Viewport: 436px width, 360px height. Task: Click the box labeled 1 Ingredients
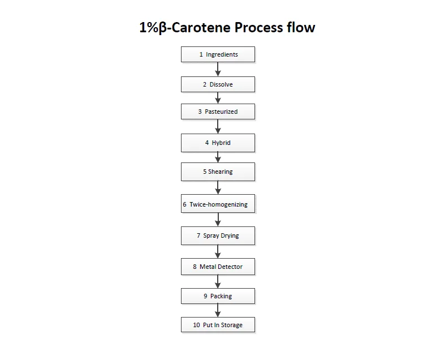click(x=218, y=54)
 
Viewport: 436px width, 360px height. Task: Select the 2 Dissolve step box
click(x=218, y=84)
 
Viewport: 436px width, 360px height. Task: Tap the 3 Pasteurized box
click(x=218, y=112)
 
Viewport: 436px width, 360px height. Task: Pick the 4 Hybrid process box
click(x=218, y=143)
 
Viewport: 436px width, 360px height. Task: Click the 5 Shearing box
click(x=218, y=172)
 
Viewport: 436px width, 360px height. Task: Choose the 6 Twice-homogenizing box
click(x=218, y=204)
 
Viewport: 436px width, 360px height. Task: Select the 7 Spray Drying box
click(x=218, y=235)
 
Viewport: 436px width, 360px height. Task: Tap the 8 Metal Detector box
click(x=218, y=266)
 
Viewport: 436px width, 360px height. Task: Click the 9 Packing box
click(x=218, y=295)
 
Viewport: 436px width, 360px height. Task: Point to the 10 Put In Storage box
click(x=218, y=325)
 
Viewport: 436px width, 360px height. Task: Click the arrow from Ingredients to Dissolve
click(x=218, y=69)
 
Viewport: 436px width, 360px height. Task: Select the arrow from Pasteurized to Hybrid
click(x=218, y=126)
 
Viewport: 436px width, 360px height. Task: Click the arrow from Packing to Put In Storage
click(x=218, y=310)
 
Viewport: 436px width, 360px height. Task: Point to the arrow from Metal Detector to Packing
click(x=218, y=281)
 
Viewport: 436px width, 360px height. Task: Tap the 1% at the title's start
click(x=149, y=27)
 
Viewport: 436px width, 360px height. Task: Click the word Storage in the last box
click(x=231, y=325)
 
